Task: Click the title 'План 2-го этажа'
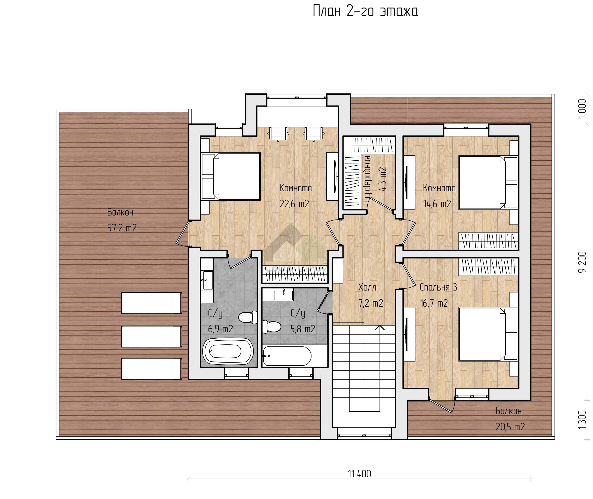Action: pyautogui.click(x=365, y=11)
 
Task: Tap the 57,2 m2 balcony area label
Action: pyautogui.click(x=122, y=228)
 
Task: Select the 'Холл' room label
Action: pyautogui.click(x=367, y=288)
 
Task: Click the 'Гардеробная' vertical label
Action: pyautogui.click(x=367, y=179)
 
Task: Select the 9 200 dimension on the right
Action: pyautogui.click(x=582, y=262)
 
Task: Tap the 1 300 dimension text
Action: pyautogui.click(x=582, y=419)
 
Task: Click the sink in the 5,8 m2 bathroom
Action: pyautogui.click(x=284, y=295)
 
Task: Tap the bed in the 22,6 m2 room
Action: pyautogui.click(x=231, y=176)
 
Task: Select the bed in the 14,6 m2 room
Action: pyautogui.click(x=488, y=183)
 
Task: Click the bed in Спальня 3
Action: pyautogui.click(x=488, y=334)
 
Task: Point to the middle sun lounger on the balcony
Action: pyautogui.click(x=152, y=337)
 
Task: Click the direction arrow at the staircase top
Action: pyautogui.click(x=380, y=328)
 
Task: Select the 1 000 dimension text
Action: pyautogui.click(x=582, y=109)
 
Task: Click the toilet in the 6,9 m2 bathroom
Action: pyautogui.click(x=248, y=317)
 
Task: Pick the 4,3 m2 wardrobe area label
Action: pyautogui.click(x=382, y=179)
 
